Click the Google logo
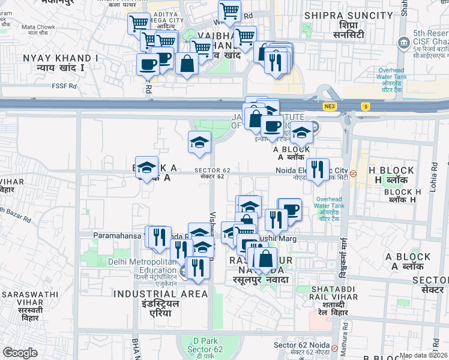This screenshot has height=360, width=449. (20, 353)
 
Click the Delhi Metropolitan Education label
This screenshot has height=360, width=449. (143, 266)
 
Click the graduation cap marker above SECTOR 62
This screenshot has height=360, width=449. (199, 143)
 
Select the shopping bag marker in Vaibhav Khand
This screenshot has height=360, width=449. (187, 63)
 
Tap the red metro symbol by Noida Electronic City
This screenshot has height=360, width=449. (354, 174)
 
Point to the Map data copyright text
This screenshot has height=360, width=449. (423, 355)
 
